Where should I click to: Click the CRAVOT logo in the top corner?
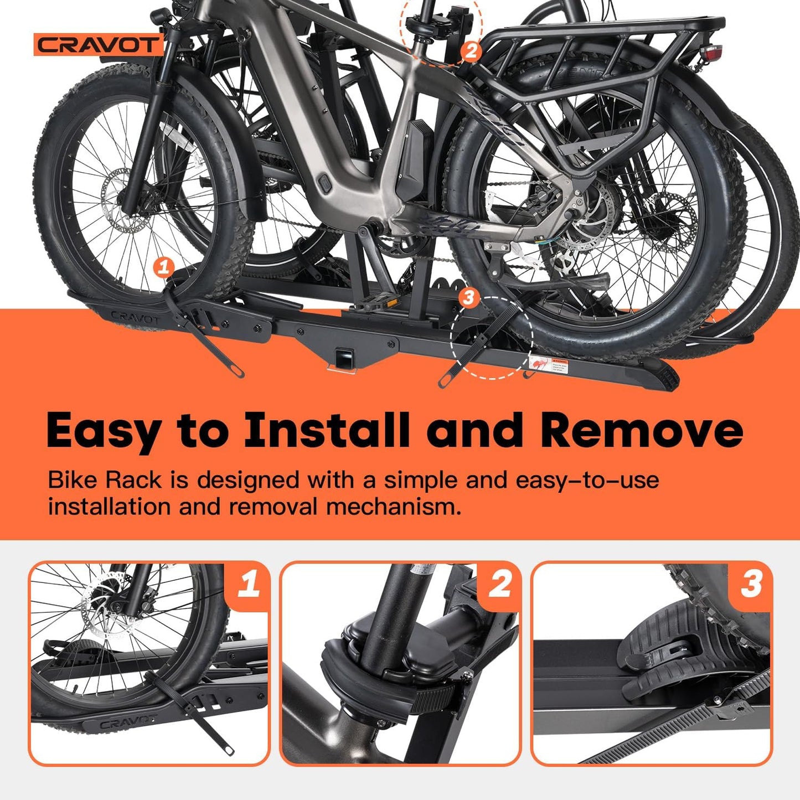coord(98,45)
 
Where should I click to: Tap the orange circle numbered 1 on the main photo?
coord(163,267)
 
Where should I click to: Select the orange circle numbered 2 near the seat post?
coord(470,51)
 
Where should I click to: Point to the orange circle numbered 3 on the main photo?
coord(469,297)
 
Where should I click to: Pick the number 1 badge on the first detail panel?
coord(249,585)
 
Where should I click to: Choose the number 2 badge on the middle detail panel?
coord(500,585)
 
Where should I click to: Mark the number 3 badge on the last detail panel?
coord(751,585)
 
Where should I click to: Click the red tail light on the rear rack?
coord(710,53)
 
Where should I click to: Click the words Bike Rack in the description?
coord(105,480)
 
